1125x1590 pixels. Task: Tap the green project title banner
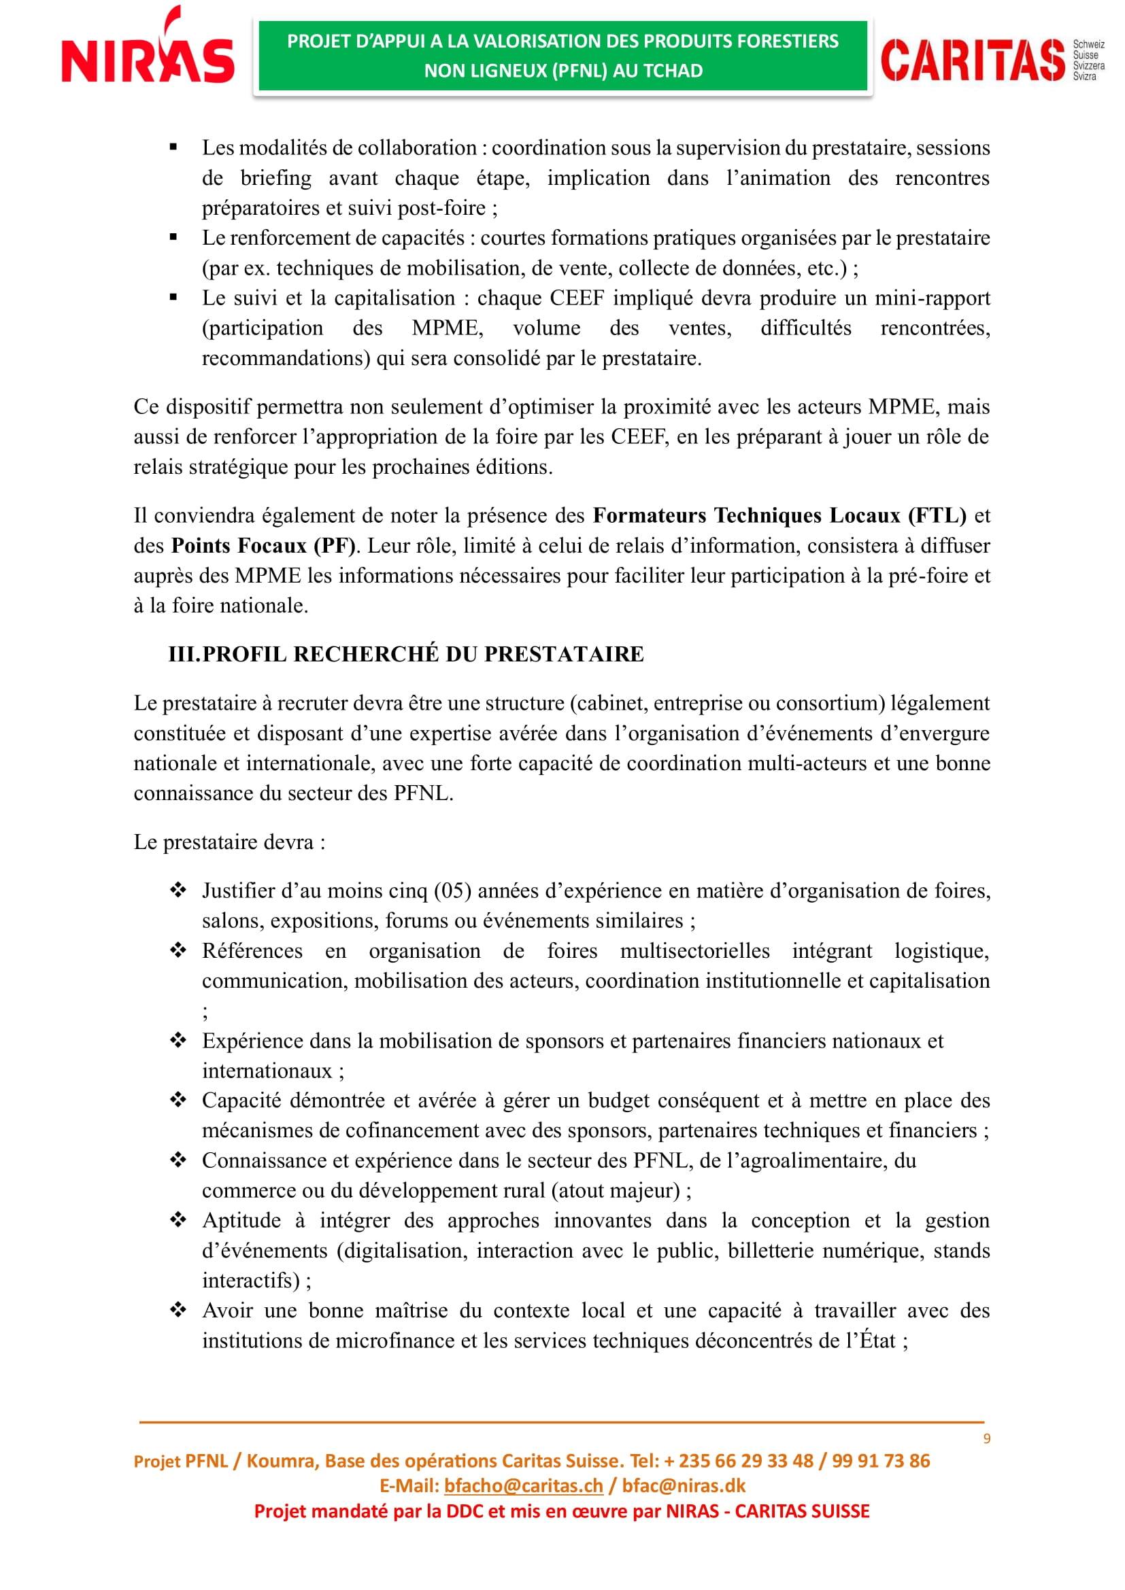click(562, 56)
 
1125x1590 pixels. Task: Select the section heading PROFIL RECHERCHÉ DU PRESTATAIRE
click(422, 655)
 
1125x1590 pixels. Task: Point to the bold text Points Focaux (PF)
click(263, 546)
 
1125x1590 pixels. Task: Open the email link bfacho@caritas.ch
click(524, 1485)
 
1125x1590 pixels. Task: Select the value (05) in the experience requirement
click(452, 891)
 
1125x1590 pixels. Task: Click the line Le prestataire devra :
click(229, 842)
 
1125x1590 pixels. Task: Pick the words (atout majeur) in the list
click(618, 1190)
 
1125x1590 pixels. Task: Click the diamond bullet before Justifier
click(178, 890)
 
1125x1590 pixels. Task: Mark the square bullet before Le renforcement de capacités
click(173, 237)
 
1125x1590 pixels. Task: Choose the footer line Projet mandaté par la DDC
click(562, 1511)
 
